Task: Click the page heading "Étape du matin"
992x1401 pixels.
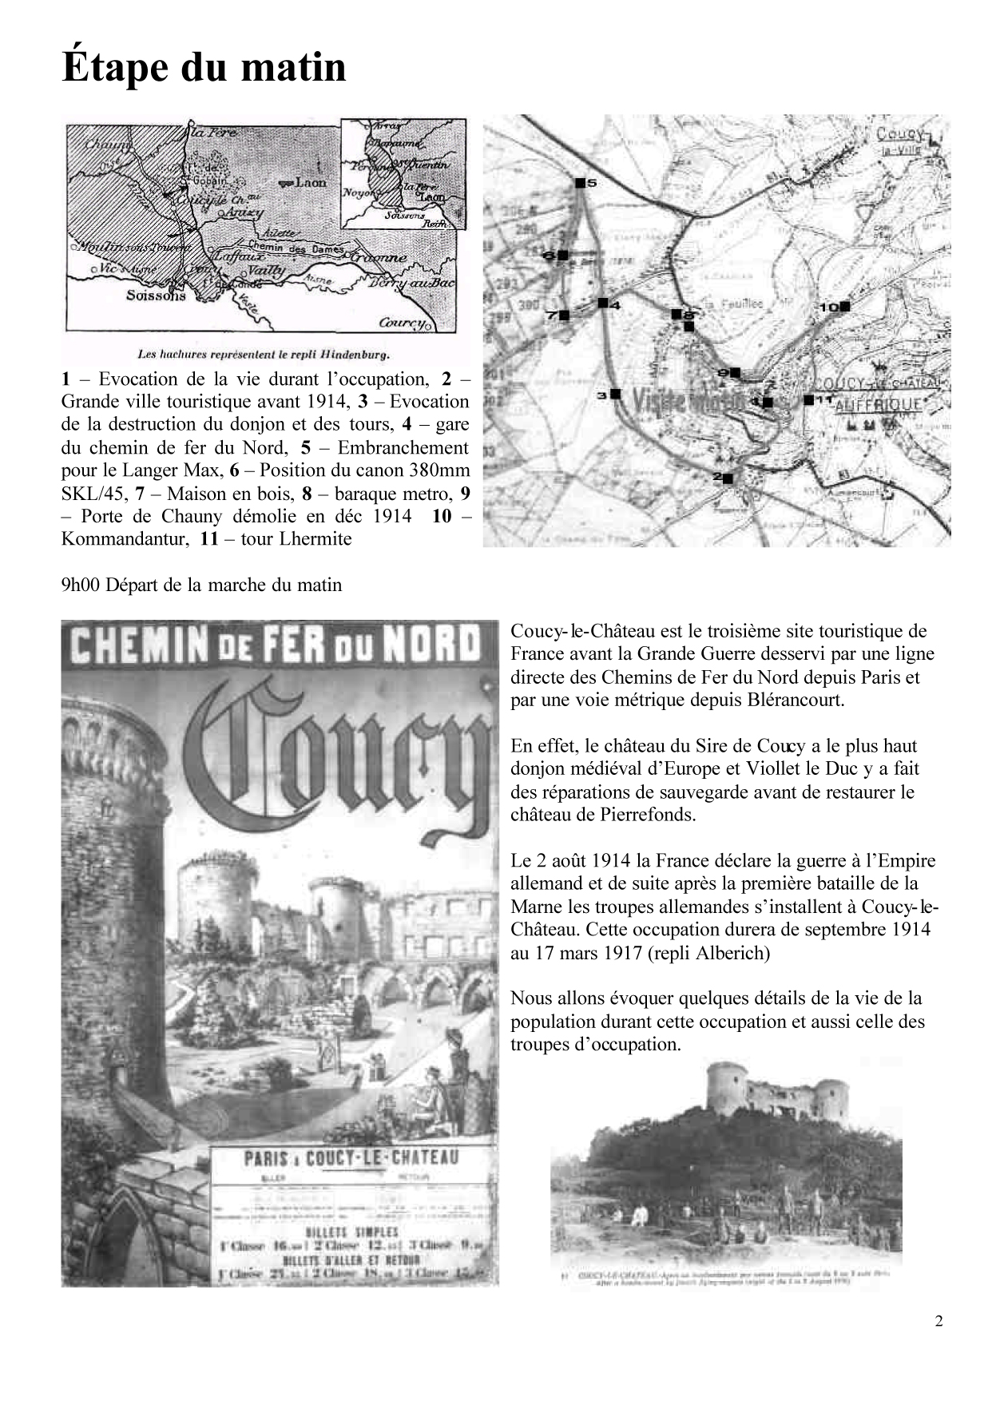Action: tap(204, 67)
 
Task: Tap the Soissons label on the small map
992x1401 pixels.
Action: tap(156, 296)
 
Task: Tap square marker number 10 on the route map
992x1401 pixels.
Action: tap(845, 306)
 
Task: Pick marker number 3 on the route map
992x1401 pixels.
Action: tap(616, 393)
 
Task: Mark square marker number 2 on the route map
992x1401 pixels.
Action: tap(728, 478)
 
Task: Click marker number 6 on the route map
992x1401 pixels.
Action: tap(562, 255)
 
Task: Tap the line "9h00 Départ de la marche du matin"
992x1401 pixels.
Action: tap(201, 585)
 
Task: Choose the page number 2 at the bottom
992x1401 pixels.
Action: tap(938, 1320)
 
